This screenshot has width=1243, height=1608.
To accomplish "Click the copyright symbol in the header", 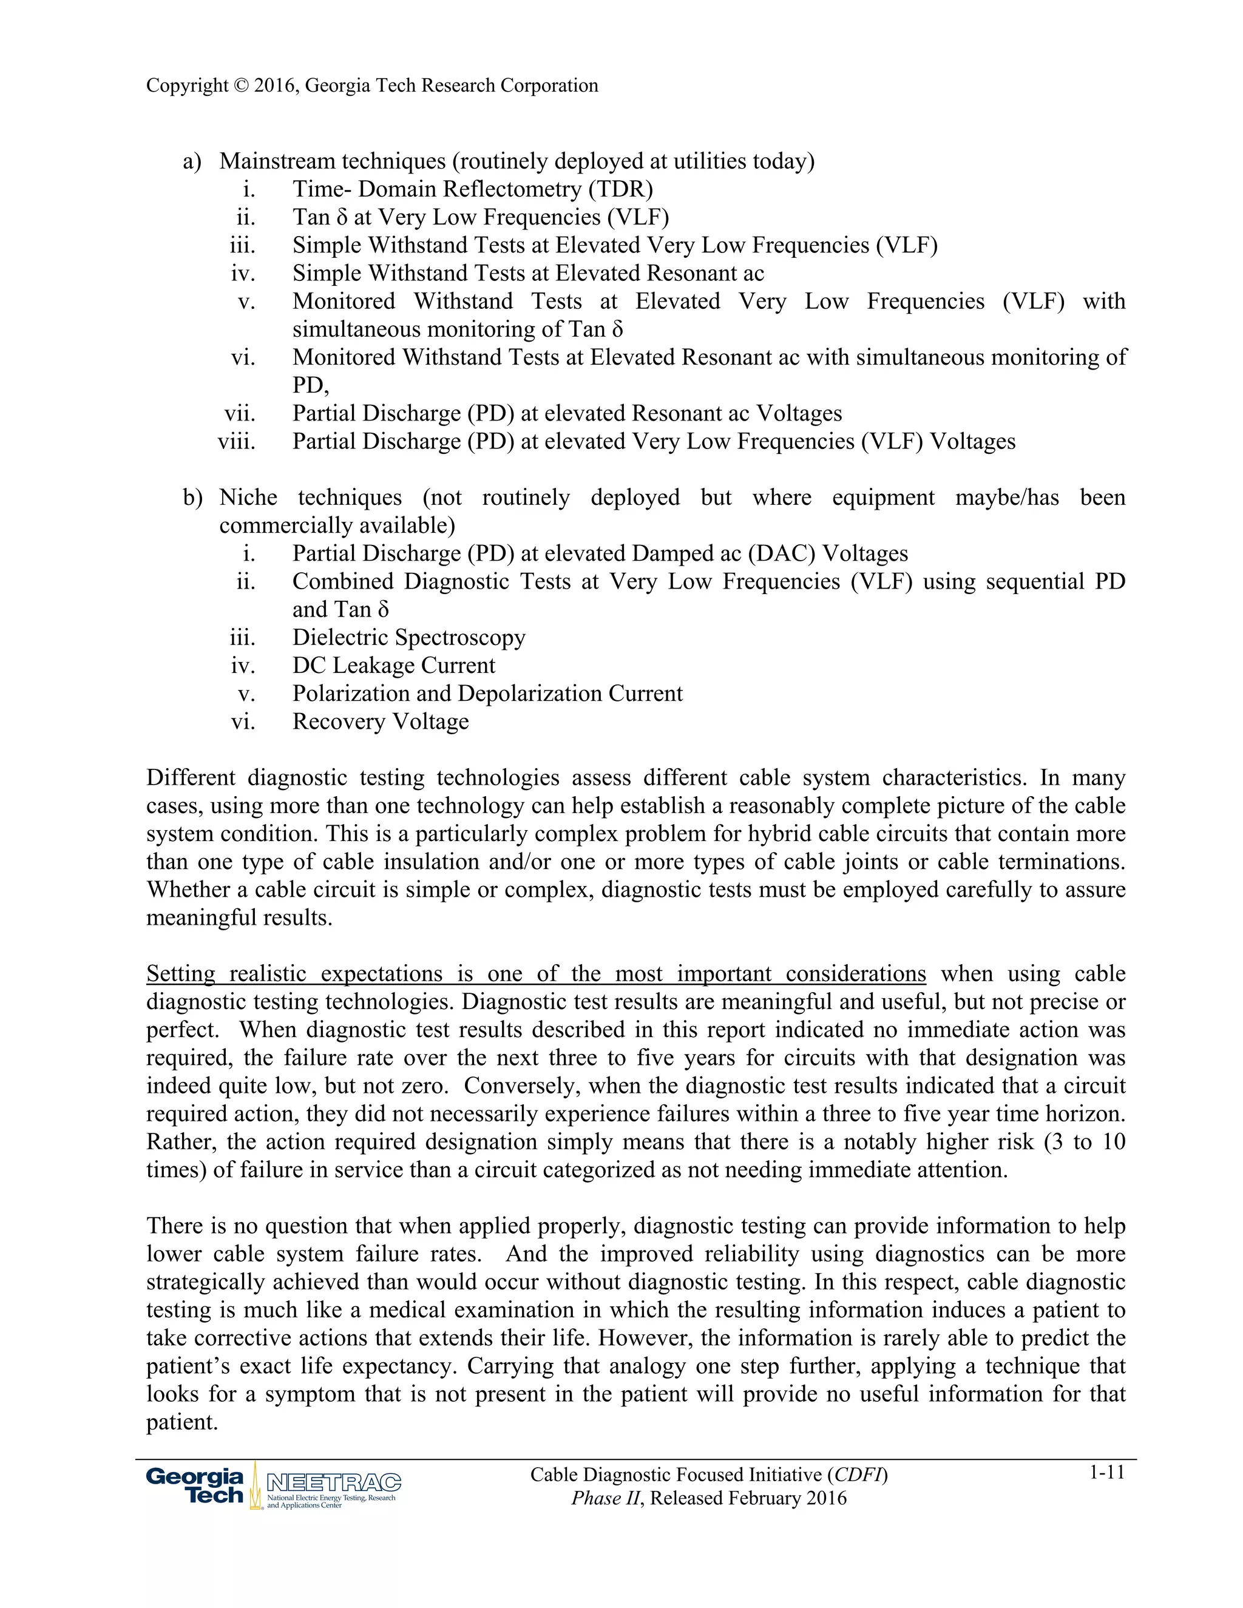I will click(241, 86).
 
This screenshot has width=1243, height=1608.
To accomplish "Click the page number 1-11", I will click(1107, 1473).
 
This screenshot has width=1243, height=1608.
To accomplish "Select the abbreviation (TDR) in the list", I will click(620, 189).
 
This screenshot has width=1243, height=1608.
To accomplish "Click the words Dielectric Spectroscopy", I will click(408, 638).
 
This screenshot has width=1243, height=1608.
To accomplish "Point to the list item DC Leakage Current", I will click(393, 666).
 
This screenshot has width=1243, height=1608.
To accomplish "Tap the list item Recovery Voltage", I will click(380, 721).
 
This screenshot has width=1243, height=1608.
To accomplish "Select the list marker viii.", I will click(237, 442).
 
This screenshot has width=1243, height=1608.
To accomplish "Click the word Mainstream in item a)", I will click(277, 161).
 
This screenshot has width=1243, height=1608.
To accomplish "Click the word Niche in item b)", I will click(248, 498).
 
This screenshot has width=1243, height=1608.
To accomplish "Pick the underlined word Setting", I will click(180, 974).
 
